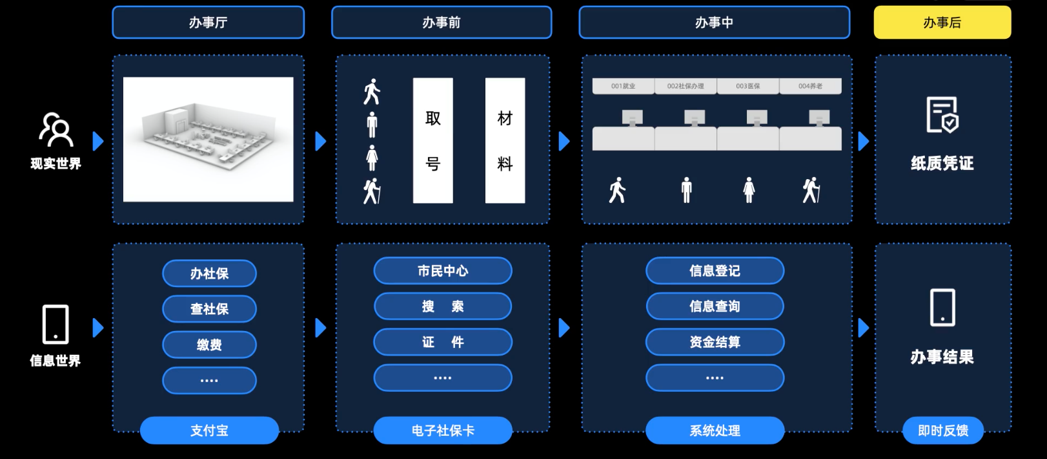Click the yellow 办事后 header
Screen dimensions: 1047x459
[942, 23]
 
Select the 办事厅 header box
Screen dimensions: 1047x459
[208, 23]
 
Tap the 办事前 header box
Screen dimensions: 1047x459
[442, 23]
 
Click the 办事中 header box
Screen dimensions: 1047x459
[714, 23]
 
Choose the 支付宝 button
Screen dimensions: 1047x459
[209, 431]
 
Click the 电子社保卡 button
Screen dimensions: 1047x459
[443, 431]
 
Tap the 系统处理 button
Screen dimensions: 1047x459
[715, 431]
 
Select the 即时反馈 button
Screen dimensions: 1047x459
[942, 431]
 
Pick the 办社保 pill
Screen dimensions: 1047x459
[209, 273]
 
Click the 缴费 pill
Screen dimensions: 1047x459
[209, 345]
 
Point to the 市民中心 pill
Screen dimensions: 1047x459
[443, 271]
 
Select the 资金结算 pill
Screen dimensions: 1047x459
[715, 342]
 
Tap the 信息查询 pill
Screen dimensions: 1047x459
[715, 306]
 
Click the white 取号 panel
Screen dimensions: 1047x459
[433, 140]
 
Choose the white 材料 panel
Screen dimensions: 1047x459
[505, 140]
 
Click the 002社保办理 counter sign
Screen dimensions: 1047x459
[686, 86]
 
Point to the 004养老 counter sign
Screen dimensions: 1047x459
[810, 86]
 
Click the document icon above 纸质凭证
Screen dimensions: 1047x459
[942, 115]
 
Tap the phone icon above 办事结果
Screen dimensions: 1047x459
[942, 308]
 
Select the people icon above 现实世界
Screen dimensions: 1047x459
[56, 129]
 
